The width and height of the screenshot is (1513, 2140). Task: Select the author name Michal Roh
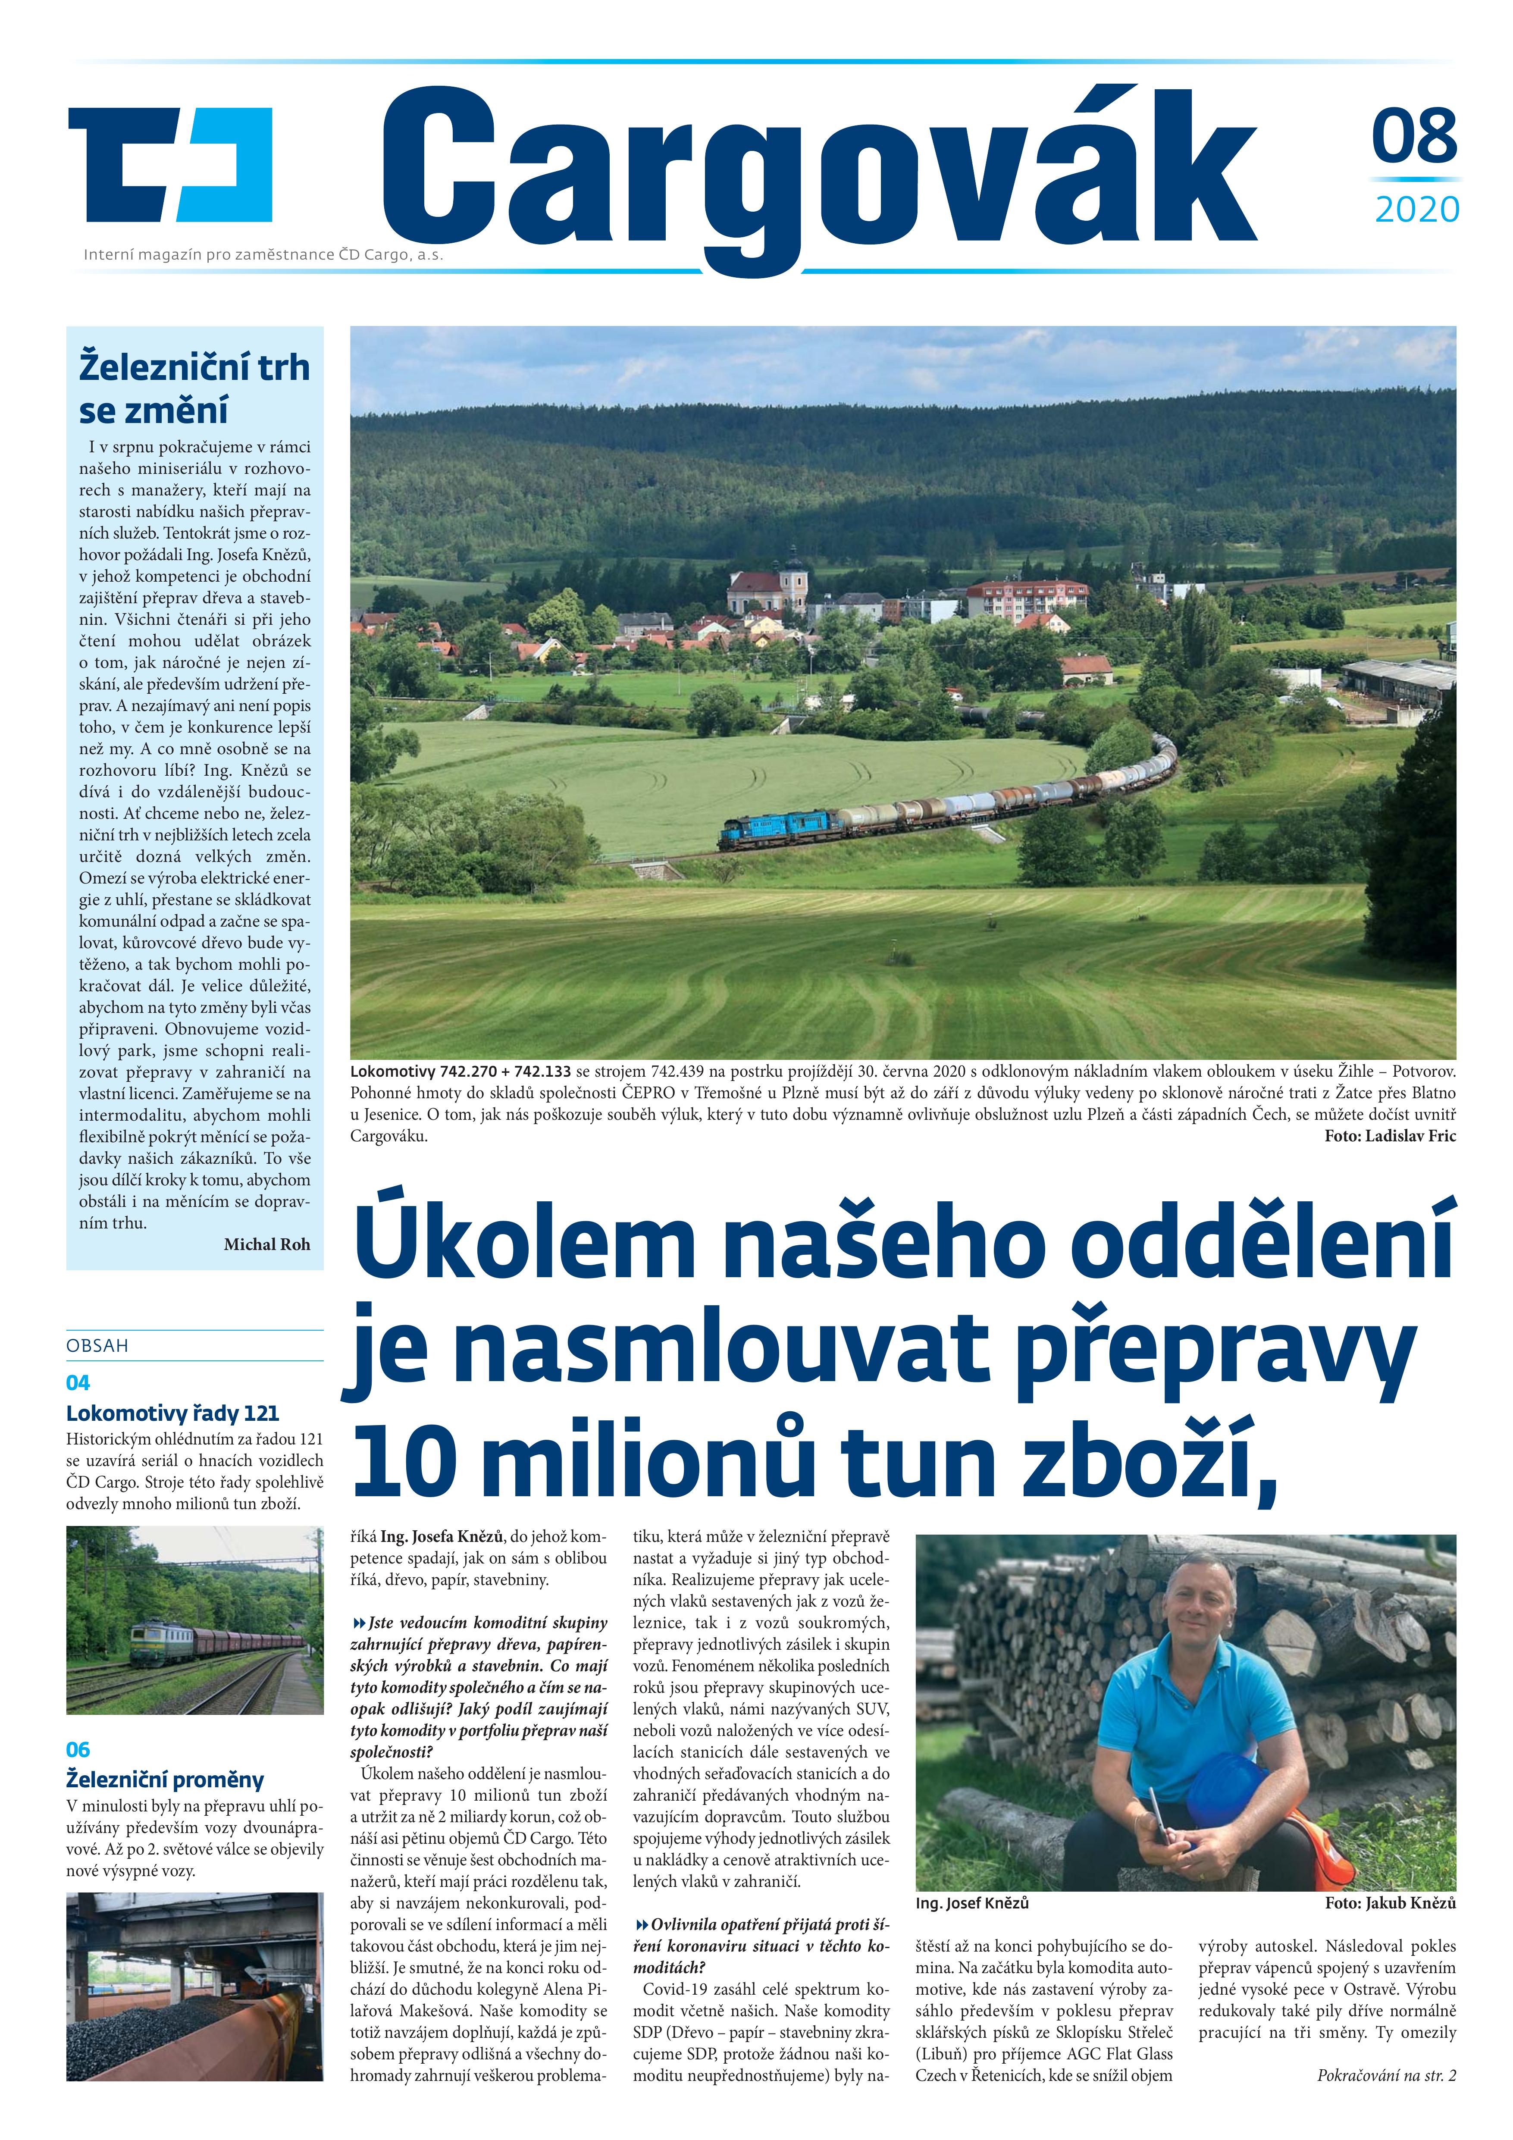(266, 1244)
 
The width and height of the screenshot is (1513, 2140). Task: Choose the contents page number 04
(78, 1382)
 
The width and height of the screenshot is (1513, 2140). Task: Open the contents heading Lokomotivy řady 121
(172, 1413)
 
